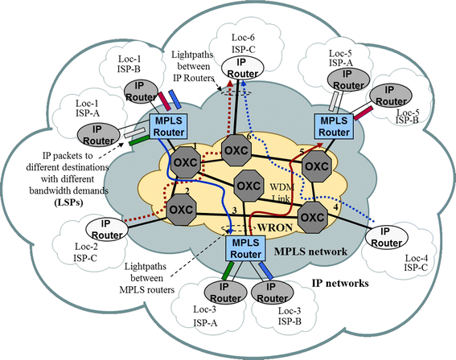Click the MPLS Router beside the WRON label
pos(243,250)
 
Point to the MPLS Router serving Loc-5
pos(334,125)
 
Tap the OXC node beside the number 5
pos(317,166)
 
